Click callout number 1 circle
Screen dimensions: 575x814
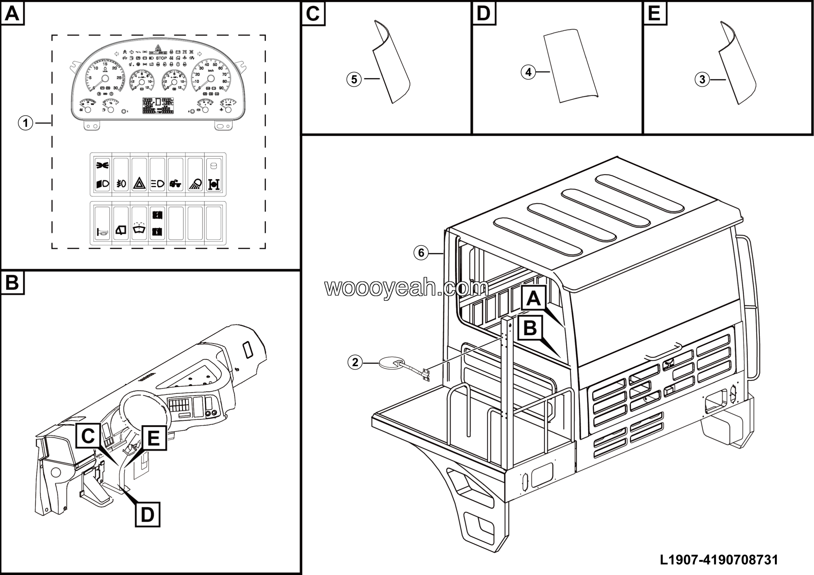25,123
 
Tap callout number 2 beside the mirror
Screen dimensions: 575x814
355,362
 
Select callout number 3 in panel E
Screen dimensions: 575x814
702,80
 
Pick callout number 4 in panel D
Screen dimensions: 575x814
528,72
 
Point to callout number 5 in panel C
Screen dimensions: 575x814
354,80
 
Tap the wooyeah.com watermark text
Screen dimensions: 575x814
406,287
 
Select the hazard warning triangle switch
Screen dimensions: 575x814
139,184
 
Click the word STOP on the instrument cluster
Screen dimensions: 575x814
161,58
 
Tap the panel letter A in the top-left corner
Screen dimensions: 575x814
12,13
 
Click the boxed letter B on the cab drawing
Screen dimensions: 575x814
530,328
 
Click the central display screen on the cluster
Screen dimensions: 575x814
158,105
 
